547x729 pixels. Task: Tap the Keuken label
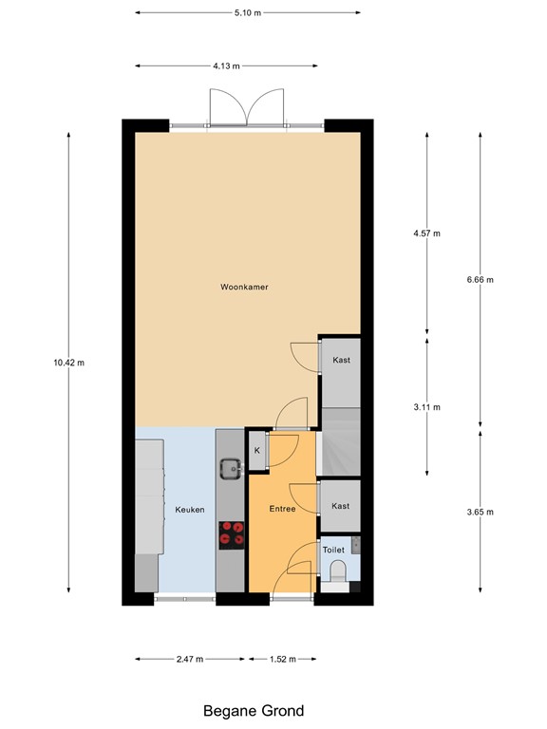tap(190, 510)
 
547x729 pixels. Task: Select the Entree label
tap(282, 510)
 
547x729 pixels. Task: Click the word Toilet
tap(333, 550)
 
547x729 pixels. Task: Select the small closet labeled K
tap(256, 450)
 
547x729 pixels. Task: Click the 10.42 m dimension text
tap(67, 363)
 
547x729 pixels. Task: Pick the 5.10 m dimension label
tap(247, 13)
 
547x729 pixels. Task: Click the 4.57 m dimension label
tap(426, 233)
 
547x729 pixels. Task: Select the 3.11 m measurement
tap(426, 406)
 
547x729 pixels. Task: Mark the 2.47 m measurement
tap(190, 658)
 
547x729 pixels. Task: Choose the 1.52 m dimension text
tap(282, 658)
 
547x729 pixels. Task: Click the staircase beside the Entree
tap(340, 440)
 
